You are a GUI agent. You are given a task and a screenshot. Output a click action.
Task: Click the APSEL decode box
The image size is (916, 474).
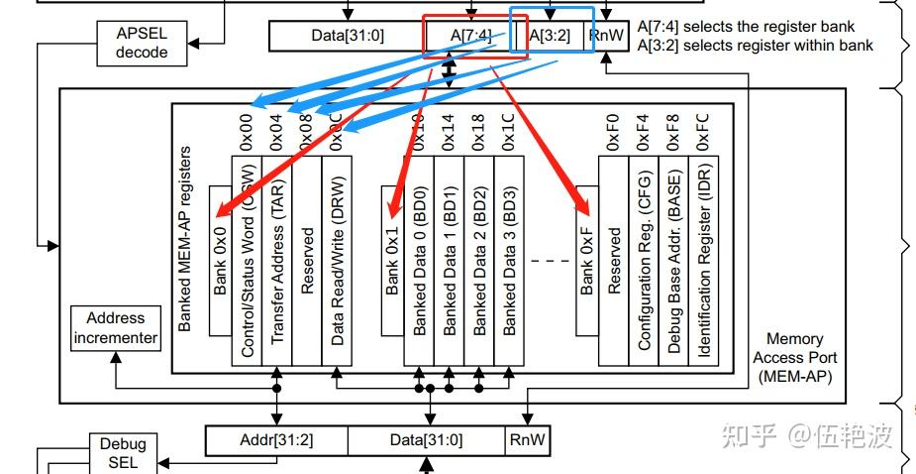pos(142,42)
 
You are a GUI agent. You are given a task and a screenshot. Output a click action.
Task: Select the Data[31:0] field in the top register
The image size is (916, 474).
pos(348,36)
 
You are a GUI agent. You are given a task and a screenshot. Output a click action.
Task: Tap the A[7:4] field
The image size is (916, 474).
pos(469,36)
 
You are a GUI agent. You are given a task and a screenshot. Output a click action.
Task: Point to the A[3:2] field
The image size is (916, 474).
pos(549,36)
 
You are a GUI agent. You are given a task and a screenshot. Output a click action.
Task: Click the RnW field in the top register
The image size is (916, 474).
pos(605,36)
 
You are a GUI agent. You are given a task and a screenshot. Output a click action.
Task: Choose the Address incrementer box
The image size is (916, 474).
pos(115,328)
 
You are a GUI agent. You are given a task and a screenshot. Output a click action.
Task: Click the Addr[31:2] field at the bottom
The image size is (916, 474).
pos(276,439)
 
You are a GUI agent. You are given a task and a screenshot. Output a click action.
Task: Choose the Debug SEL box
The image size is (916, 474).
pos(122,452)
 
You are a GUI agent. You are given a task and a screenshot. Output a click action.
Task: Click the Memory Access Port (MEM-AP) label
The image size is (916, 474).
pos(794,357)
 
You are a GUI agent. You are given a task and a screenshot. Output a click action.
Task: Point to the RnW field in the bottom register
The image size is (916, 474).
pos(527,439)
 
